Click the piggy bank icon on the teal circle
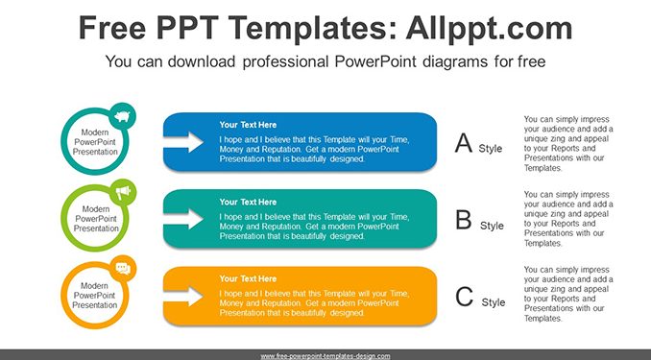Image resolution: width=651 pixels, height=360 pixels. [x=122, y=116]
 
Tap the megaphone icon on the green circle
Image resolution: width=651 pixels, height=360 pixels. [x=123, y=192]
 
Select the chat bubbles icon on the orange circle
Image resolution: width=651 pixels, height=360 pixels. [x=123, y=269]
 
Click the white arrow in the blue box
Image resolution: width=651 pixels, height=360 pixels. [x=183, y=142]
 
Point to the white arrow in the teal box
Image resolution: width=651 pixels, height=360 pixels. [x=183, y=219]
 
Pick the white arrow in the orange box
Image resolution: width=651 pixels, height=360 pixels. [x=183, y=296]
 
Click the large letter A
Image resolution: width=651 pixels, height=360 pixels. [x=464, y=143]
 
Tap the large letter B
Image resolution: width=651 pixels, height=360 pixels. [x=464, y=220]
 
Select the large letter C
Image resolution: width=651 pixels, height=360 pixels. [x=464, y=297]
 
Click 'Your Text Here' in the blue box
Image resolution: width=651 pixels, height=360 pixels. [x=248, y=125]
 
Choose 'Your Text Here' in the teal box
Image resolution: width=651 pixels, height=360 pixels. [x=248, y=202]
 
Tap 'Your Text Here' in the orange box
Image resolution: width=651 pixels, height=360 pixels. [x=248, y=278]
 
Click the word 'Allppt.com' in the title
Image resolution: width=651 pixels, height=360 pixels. [x=489, y=28]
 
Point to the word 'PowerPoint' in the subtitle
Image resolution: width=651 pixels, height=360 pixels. [x=375, y=61]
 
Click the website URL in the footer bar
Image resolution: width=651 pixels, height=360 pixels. [x=325, y=356]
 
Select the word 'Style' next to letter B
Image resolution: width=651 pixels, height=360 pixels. [x=492, y=226]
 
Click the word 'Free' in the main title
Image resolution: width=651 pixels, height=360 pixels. [x=112, y=28]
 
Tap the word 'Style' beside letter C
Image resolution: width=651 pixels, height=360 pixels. [x=494, y=302]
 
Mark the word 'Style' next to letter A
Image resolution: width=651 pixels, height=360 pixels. [x=491, y=148]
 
